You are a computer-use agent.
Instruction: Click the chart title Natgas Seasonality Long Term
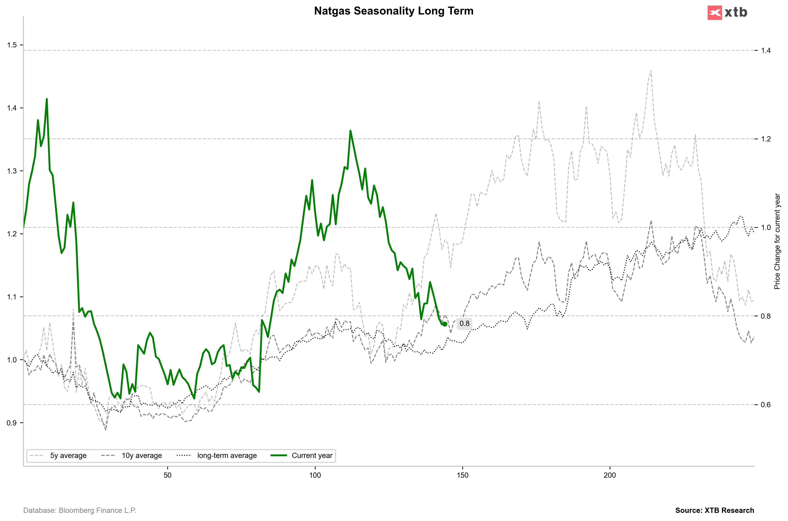[x=394, y=11]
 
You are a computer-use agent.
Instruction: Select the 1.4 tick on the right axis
[x=766, y=51]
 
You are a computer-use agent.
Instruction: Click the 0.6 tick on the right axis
[x=766, y=405]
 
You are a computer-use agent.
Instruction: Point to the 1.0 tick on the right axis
[x=766, y=228]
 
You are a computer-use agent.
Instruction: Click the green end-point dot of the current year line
[x=445, y=324]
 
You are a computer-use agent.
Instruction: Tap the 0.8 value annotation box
[x=464, y=324]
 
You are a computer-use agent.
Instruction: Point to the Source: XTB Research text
[x=715, y=510]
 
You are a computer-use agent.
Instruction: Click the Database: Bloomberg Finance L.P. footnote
[x=80, y=510]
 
